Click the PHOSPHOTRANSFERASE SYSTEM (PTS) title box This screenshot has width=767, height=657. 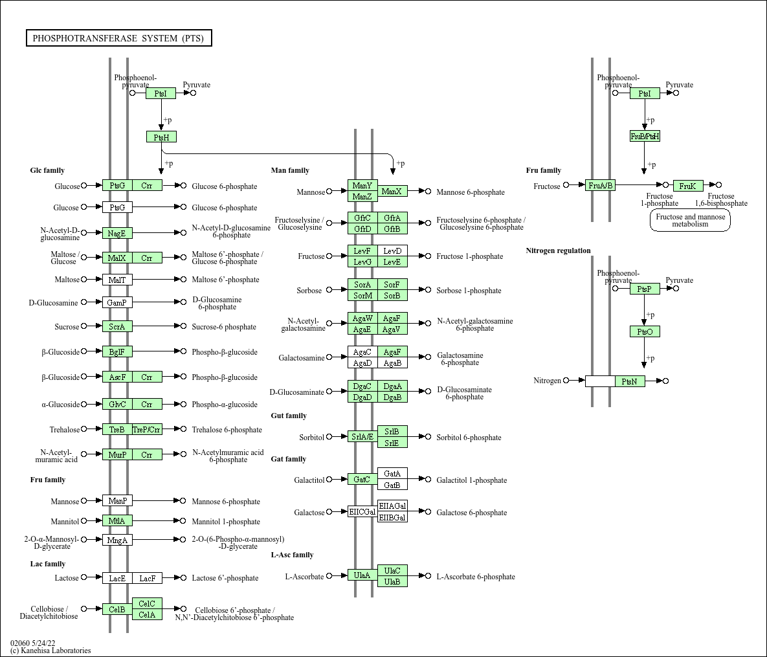point(118,38)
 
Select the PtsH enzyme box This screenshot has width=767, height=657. point(161,137)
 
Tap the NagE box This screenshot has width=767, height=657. point(117,233)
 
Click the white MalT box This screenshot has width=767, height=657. point(117,280)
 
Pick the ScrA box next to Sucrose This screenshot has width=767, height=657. point(117,327)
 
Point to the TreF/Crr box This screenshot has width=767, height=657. point(147,430)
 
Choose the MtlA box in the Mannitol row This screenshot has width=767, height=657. point(117,521)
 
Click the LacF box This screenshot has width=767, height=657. point(147,578)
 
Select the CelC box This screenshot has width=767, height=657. point(147,604)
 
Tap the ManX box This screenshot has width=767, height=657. point(392,192)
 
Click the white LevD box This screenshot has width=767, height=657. point(392,251)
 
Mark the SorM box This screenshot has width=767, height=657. point(362,296)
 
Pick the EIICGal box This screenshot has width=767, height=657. point(362,512)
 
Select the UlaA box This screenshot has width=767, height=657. point(362,575)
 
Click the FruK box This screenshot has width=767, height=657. point(687,186)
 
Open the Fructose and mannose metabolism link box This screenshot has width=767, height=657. point(690,221)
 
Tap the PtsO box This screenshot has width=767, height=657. point(645,332)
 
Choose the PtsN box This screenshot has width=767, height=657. point(630,381)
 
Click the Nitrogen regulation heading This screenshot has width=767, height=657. point(558,251)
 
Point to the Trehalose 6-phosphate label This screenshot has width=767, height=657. point(227,430)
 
